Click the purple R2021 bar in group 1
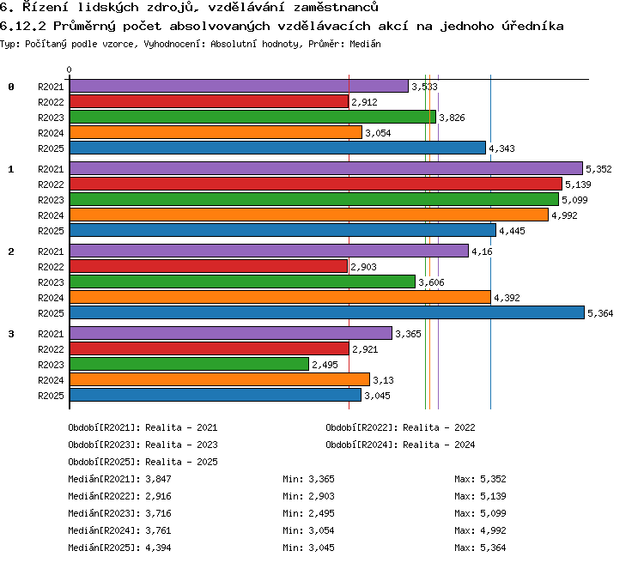point(326,168)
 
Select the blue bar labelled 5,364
point(327,312)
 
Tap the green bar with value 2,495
point(190,364)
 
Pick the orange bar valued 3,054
point(216,132)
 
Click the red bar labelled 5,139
point(316,184)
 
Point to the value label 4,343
point(501,148)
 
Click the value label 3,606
point(431,282)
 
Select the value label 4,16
point(482,251)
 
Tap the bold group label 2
point(11,251)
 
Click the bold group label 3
point(11,334)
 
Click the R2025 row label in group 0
point(51,148)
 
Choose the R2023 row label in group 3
point(51,365)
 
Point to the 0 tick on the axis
point(69,70)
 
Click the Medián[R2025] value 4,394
point(158,548)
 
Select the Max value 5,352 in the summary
point(493,479)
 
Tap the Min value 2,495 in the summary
point(321,513)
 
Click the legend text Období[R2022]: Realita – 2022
point(400,427)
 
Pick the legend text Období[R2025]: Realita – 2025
point(143,462)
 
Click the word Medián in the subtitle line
point(365,44)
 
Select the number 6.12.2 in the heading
point(23,27)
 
